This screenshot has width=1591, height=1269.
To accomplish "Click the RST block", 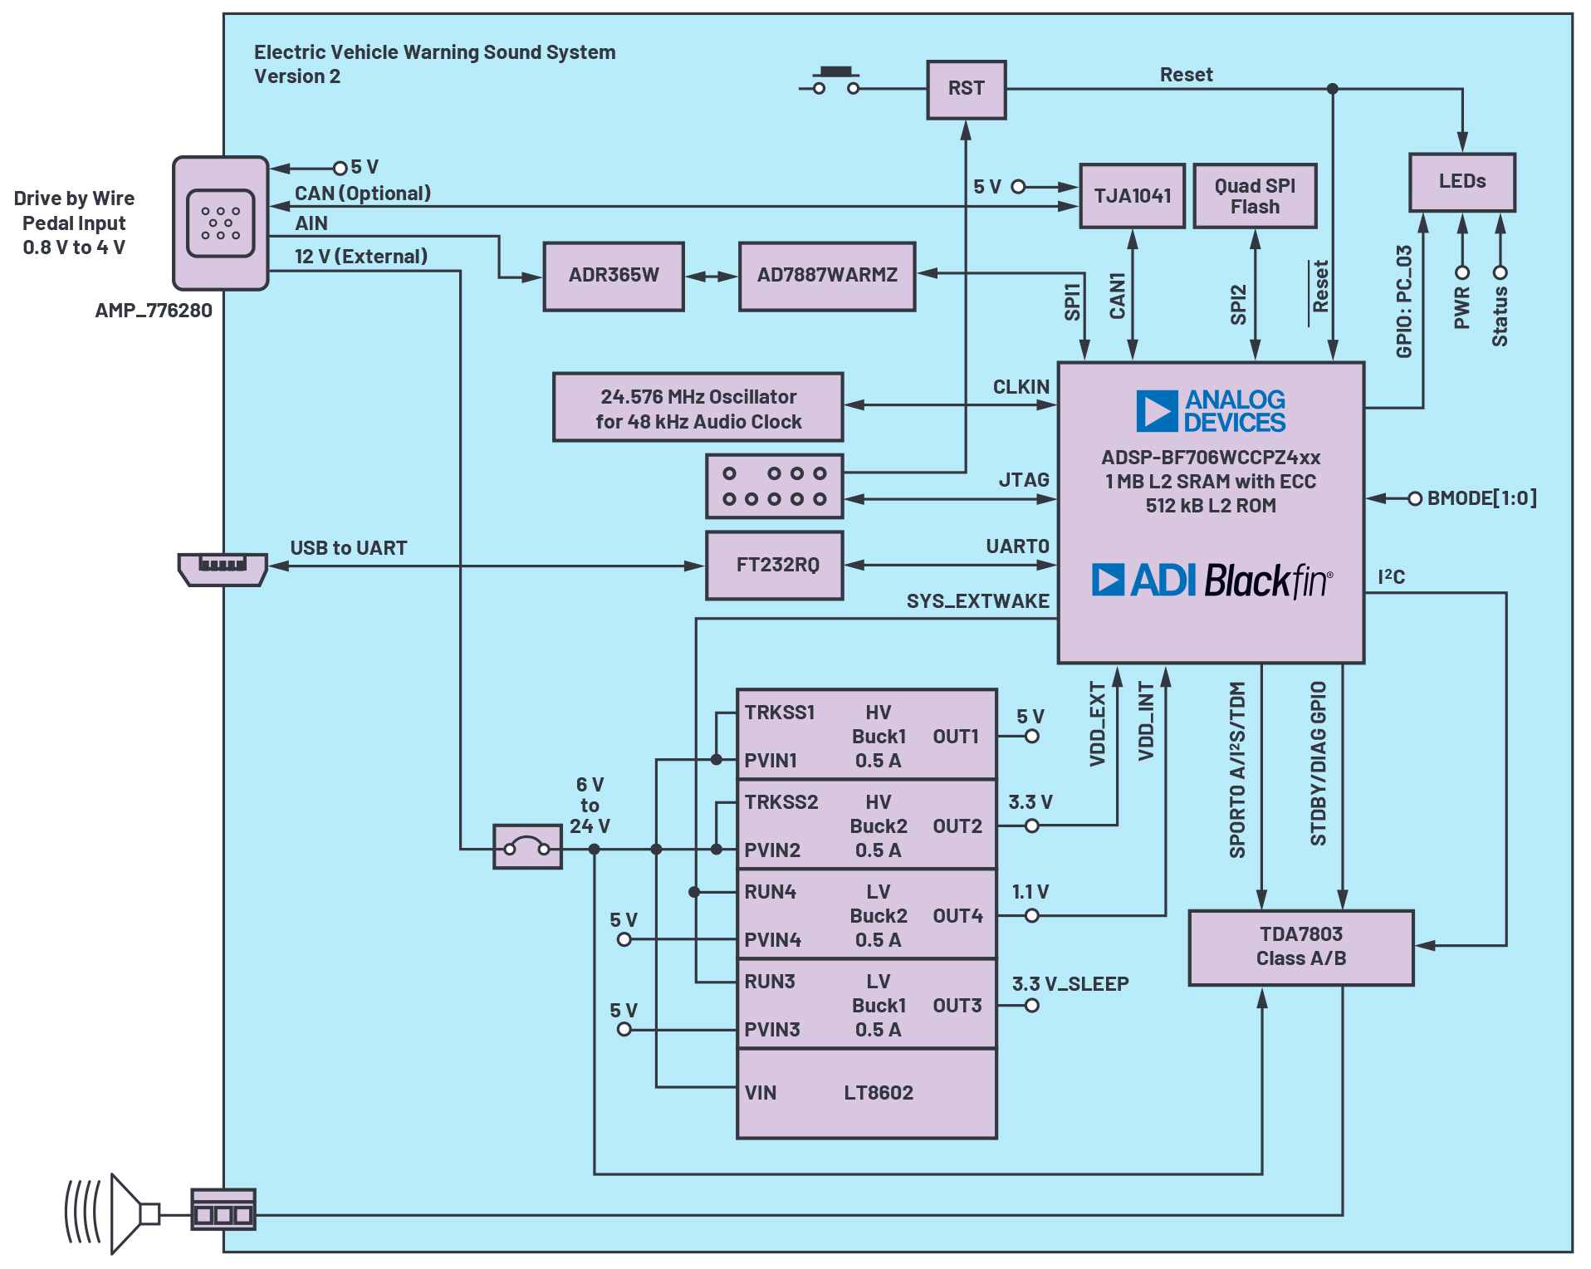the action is click(967, 90).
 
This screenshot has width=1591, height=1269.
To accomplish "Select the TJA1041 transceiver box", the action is click(1133, 196).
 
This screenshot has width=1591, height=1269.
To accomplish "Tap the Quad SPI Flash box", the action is click(1255, 196).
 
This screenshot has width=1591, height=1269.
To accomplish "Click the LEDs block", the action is click(1462, 182).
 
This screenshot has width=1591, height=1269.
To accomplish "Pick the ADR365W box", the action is click(614, 277).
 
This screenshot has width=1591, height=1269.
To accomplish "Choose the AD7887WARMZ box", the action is click(827, 277).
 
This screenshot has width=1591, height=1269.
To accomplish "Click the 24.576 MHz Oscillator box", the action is click(698, 407).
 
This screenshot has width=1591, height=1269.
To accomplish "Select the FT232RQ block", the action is click(775, 566).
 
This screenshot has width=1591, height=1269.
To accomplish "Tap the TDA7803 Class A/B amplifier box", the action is click(1301, 948).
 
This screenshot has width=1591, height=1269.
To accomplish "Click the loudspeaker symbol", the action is click(112, 1214).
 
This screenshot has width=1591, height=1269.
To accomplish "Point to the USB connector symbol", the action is click(223, 569).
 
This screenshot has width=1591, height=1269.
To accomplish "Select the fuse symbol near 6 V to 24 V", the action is click(527, 847).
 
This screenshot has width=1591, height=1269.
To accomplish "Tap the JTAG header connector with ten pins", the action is click(775, 486).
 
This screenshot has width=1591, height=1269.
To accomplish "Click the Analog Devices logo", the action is click(1211, 411).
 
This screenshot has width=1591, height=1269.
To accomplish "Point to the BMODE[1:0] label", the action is click(1481, 498).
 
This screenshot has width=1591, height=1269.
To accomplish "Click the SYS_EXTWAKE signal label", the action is click(977, 601).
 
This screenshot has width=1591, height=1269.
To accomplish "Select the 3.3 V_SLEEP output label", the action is click(1070, 984).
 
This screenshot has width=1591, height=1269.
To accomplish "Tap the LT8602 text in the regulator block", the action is click(879, 1093).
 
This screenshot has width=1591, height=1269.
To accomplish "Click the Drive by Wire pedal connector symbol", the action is click(221, 223).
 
